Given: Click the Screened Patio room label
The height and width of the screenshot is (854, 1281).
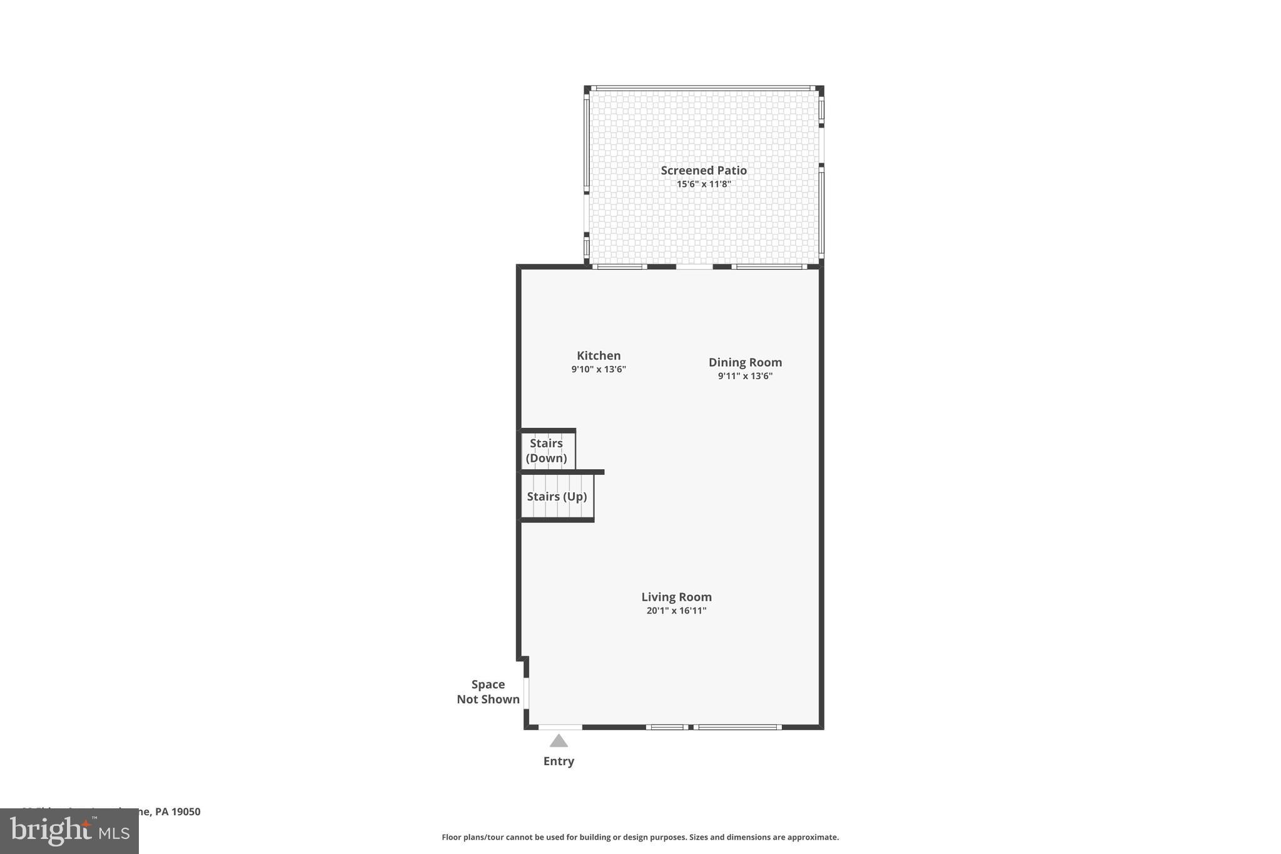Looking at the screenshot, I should point(704,170).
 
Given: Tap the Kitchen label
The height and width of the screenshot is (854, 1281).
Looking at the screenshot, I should point(599,355).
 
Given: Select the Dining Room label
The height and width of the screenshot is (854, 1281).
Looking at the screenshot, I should point(745,362).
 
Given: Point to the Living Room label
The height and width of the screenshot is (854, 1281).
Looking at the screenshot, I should point(676,597).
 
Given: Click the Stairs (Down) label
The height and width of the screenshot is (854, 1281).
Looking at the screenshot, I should point(546,450).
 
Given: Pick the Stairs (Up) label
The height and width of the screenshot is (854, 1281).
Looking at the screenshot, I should point(557,497).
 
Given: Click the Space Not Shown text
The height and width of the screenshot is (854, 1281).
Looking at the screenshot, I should point(488,692).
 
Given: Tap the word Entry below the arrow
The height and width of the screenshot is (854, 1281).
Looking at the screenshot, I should point(559,761).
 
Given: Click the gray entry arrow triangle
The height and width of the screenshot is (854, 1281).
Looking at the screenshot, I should point(559,741).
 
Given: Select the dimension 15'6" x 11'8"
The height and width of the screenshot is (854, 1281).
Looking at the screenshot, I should point(704,185).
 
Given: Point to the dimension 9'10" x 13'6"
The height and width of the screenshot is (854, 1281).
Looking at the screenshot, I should point(599,370).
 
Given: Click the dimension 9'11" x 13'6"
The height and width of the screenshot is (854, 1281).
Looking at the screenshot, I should point(745,376).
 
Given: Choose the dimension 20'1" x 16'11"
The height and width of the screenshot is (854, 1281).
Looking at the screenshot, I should point(676,611).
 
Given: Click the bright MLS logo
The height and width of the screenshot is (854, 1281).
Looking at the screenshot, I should point(69,831).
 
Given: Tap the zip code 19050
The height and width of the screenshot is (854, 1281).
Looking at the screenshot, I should point(186,811).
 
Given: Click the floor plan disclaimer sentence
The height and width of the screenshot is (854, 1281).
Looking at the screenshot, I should point(640,837).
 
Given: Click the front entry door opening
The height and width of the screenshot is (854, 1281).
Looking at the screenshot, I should point(560,727).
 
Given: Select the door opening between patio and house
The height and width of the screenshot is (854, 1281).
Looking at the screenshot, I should point(694,267).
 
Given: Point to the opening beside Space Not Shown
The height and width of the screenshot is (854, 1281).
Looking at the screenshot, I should point(527,693).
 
